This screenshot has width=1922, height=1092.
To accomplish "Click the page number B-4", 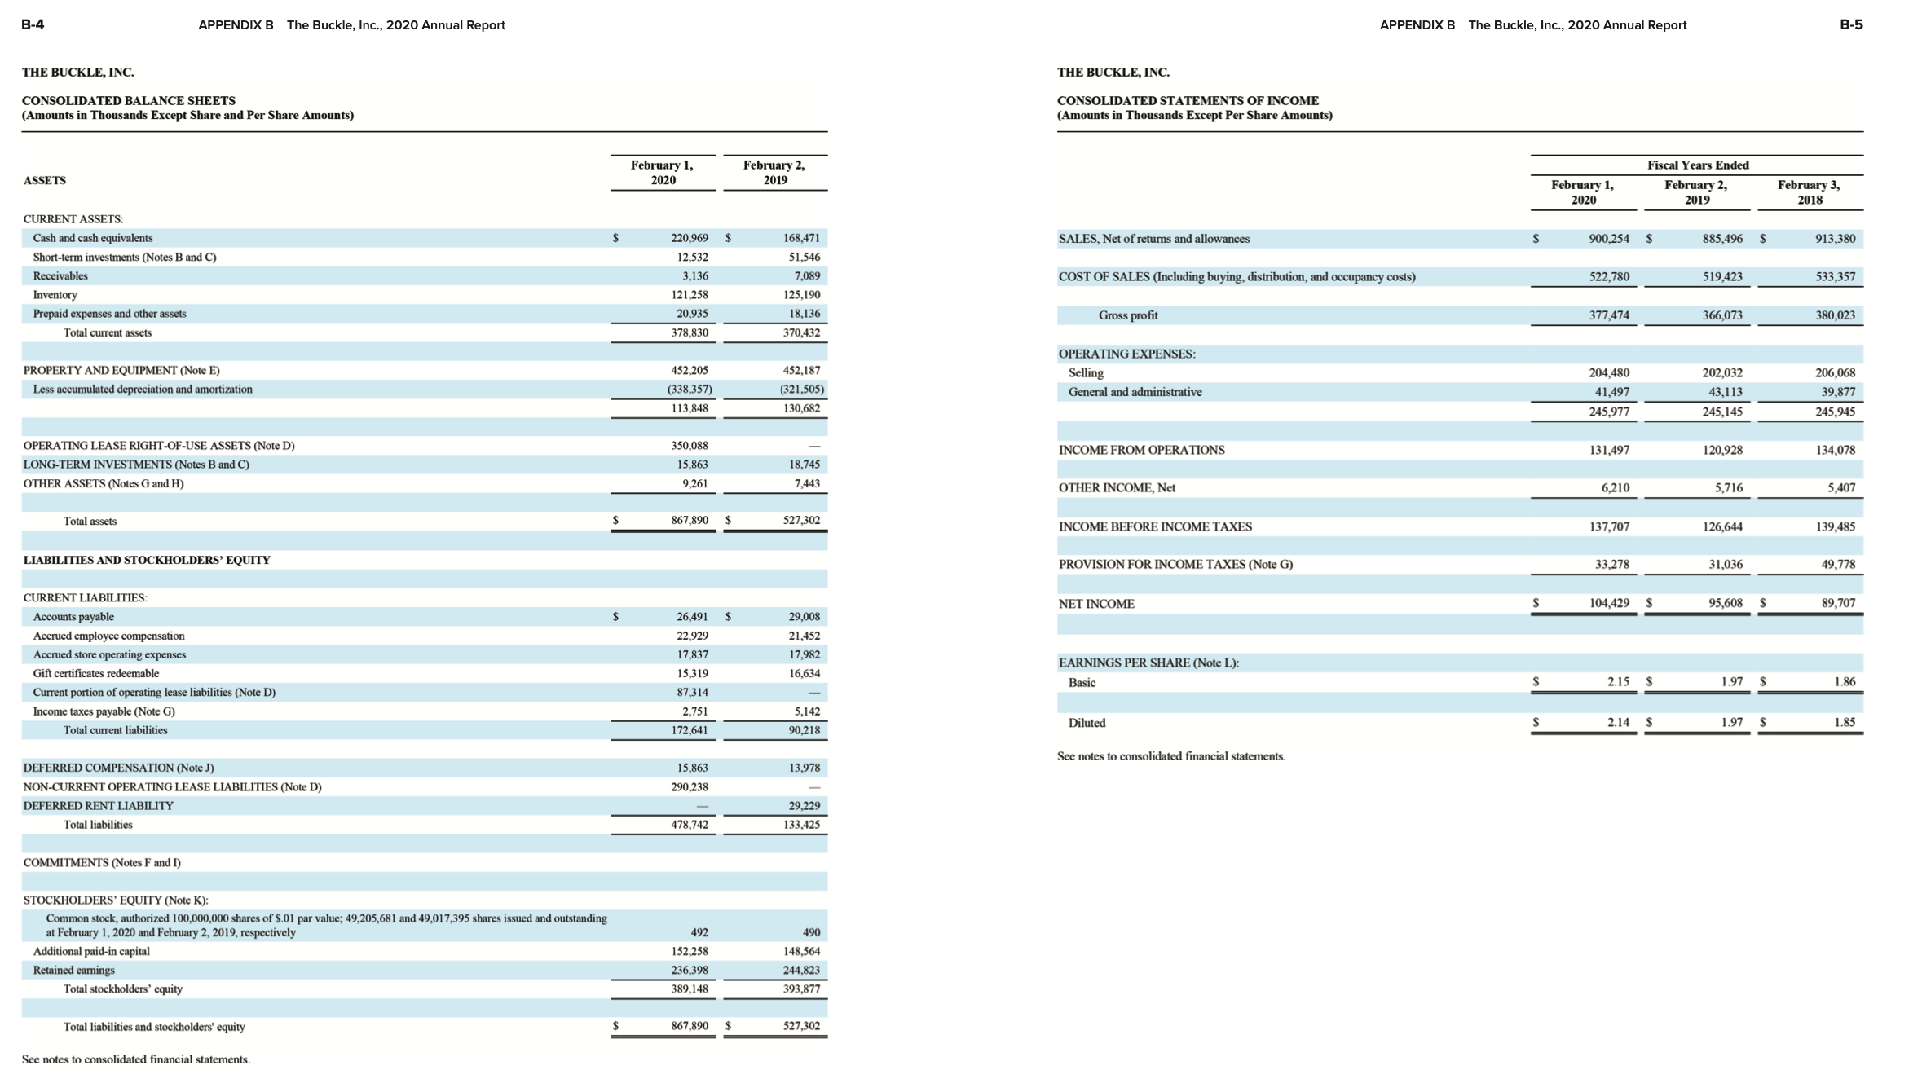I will pyautogui.click(x=33, y=24).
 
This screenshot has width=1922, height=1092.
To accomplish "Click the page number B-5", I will pyautogui.click(x=1851, y=24).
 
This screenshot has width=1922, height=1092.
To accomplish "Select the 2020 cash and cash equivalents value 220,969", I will pyautogui.click(x=689, y=238).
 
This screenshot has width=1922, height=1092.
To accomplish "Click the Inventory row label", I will pyautogui.click(x=55, y=295).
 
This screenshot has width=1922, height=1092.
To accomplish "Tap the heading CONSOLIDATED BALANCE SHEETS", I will pyautogui.click(x=128, y=100).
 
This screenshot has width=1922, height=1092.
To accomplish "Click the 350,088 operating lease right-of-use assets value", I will pyautogui.click(x=689, y=446).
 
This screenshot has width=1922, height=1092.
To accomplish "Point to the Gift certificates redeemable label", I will pyautogui.click(x=95, y=674).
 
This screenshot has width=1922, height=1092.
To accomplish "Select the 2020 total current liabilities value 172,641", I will pyautogui.click(x=689, y=730).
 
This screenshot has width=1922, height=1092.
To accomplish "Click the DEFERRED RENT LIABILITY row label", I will pyautogui.click(x=98, y=806).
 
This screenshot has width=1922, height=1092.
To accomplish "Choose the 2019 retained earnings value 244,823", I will pyautogui.click(x=801, y=971).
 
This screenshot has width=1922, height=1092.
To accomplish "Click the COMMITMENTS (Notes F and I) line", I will pyautogui.click(x=102, y=862).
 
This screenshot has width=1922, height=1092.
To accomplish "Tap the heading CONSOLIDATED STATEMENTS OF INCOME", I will pyautogui.click(x=1188, y=100).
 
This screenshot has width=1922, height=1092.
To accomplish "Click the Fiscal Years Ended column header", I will pyautogui.click(x=1698, y=165).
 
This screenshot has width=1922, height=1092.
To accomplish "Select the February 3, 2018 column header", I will pyautogui.click(x=1809, y=192).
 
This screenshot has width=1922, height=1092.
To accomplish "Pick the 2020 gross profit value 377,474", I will pyautogui.click(x=1609, y=315).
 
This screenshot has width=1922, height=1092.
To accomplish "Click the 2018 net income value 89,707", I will pyautogui.click(x=1838, y=604).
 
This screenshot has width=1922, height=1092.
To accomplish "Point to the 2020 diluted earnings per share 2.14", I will pyautogui.click(x=1618, y=723).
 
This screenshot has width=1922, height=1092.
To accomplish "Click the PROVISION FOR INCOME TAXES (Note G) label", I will pyautogui.click(x=1175, y=565).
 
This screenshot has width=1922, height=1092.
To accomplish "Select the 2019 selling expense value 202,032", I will pyautogui.click(x=1722, y=373).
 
